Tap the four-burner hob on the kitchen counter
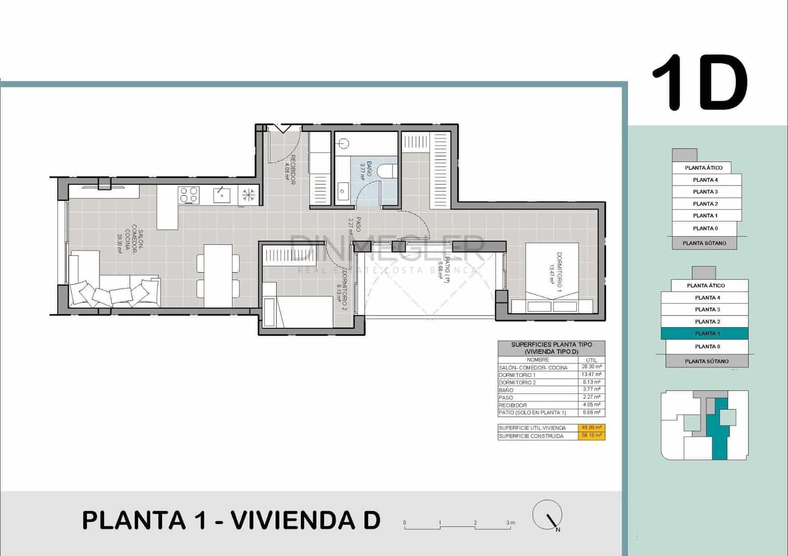click(189, 195)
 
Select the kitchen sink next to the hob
click(221, 195)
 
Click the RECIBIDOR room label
click(290, 169)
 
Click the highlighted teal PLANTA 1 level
click(705, 334)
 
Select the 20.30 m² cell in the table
click(591, 367)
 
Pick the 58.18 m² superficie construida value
click(591, 436)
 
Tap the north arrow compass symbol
click(548, 515)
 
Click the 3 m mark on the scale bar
click(511, 523)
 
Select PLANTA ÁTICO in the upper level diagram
click(703, 168)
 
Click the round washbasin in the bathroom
click(344, 144)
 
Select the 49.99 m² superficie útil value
click(591, 428)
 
